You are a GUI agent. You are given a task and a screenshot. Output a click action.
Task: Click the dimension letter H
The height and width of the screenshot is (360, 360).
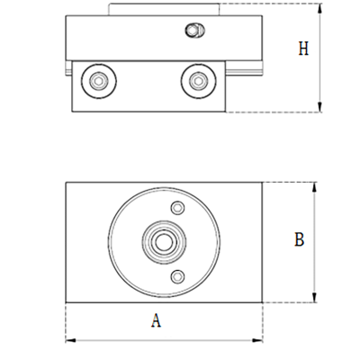click(x=303, y=49)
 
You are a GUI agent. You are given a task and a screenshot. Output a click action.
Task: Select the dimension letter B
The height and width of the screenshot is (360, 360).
click(x=300, y=239)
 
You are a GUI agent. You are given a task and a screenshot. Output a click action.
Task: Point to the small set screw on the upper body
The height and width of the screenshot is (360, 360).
click(x=191, y=31)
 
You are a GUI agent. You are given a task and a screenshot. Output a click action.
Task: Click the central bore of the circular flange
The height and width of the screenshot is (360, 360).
click(x=163, y=242)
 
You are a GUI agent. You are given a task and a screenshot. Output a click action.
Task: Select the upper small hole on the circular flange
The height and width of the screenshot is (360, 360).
click(x=177, y=209)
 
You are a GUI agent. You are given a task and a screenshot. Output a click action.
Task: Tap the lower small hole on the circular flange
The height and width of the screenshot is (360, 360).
click(x=177, y=275)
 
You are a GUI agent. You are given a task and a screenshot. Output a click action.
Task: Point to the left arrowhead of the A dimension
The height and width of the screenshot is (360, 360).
click(x=69, y=339)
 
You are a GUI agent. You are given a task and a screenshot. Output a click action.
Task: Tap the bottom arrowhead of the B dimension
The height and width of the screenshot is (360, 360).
click(x=314, y=300)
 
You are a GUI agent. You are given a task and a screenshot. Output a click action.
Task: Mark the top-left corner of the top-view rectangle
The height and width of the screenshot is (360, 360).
click(x=67, y=184)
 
